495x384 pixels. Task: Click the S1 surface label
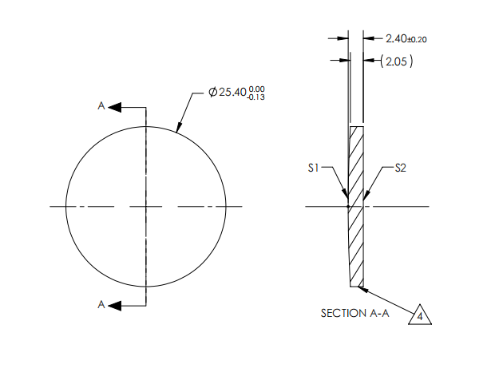[314, 168]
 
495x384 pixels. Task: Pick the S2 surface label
[401, 168]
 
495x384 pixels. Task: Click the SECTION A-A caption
[354, 314]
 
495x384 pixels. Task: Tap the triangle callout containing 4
[420, 315]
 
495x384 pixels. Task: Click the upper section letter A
[101, 105]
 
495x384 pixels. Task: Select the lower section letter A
[101, 304]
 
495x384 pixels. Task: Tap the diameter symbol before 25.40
[212, 93]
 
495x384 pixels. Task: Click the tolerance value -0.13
[257, 97]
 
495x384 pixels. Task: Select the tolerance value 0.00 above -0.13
[257, 89]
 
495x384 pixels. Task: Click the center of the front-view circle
[146, 207]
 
